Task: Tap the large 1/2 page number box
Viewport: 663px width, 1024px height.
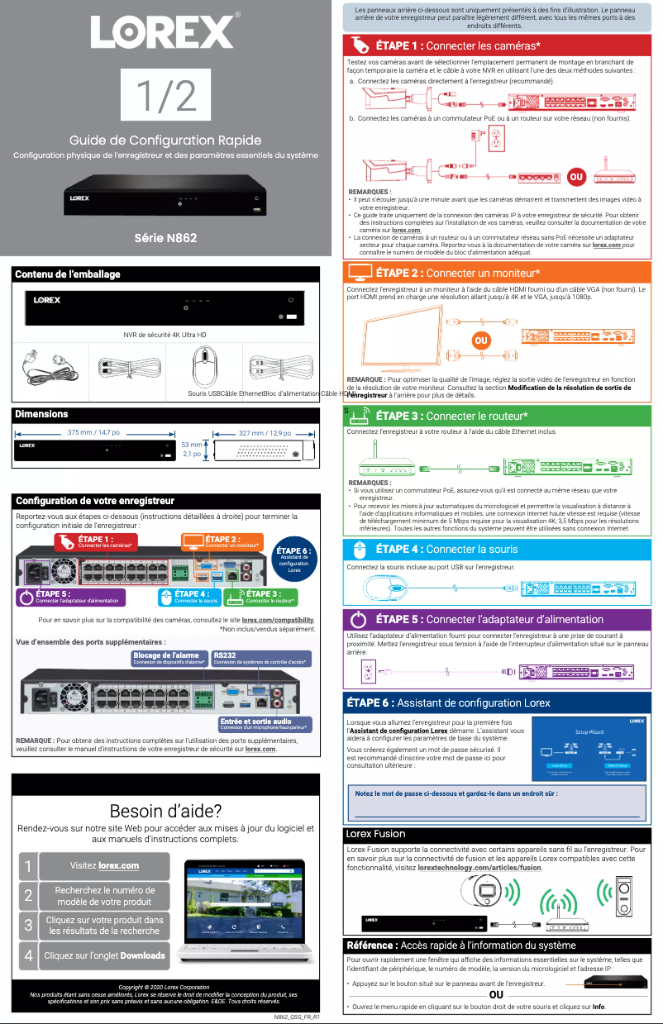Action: pyautogui.click(x=165, y=95)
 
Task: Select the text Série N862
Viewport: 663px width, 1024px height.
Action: pyautogui.click(x=165, y=238)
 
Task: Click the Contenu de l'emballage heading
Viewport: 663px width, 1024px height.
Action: pyautogui.click(x=68, y=274)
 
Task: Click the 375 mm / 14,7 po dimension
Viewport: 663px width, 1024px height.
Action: pyautogui.click(x=93, y=432)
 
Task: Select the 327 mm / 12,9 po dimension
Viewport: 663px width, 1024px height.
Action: pyautogui.click(x=265, y=432)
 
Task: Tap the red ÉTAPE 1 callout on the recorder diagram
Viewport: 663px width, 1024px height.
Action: pyautogui.click(x=95, y=541)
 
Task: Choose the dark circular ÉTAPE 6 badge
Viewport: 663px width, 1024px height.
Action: pyautogui.click(x=294, y=560)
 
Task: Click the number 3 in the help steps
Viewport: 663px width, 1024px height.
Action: pyautogui.click(x=28, y=925)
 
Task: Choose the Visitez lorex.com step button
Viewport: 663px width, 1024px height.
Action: pyautogui.click(x=104, y=865)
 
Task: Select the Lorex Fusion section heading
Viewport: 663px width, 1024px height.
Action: pyautogui.click(x=375, y=834)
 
